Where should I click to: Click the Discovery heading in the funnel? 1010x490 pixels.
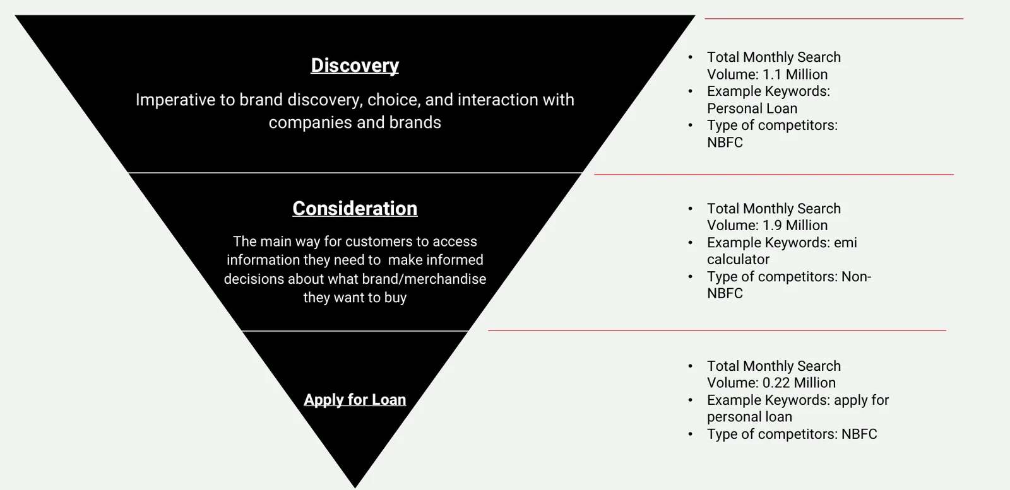(x=355, y=66)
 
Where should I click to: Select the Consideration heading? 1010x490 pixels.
(x=355, y=209)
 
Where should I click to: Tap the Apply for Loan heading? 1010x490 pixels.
(x=355, y=400)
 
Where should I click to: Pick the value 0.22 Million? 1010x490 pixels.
(x=799, y=383)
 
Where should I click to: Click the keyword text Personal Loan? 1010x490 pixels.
(x=752, y=108)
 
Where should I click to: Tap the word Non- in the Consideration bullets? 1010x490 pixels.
(x=856, y=277)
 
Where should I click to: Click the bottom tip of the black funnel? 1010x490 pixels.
(x=355, y=484)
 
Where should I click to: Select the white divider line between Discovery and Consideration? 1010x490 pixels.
(x=355, y=173)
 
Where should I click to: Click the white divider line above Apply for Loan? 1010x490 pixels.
(x=355, y=330)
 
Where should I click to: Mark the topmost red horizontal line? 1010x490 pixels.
(x=833, y=19)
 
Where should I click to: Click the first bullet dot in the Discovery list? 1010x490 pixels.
(x=690, y=57)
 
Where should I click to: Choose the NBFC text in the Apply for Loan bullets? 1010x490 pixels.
(x=859, y=435)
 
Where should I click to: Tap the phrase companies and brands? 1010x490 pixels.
(x=355, y=122)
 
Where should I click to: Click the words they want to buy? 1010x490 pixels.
(x=355, y=298)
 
